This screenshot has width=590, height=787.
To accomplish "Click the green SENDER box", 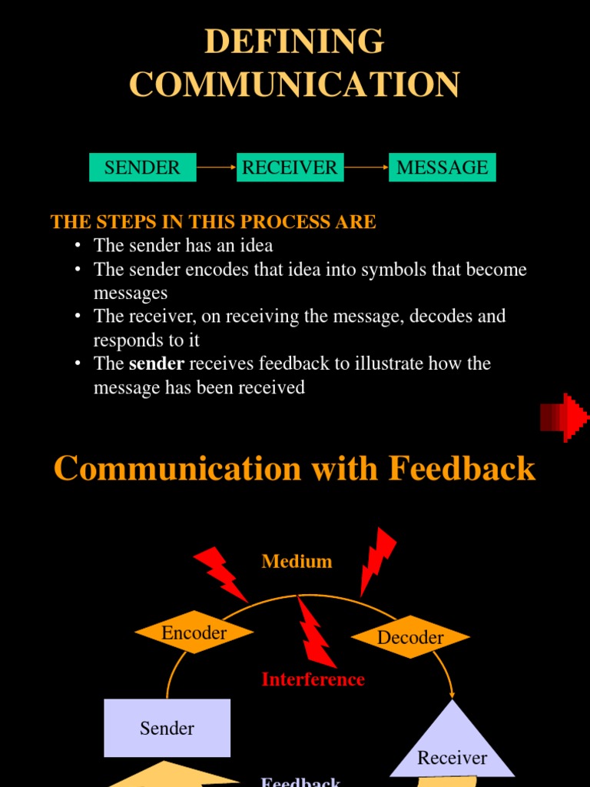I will click(x=142, y=168).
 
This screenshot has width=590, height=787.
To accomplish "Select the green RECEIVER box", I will click(x=290, y=168).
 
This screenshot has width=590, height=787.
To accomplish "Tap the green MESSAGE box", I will click(x=442, y=168).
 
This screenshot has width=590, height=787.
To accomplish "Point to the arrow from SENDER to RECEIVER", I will click(x=216, y=167).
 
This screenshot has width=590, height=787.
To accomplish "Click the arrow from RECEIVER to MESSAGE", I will click(x=366, y=167).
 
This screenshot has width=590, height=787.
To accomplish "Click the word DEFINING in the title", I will click(x=294, y=42).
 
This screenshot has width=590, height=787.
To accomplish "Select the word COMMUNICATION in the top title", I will click(x=294, y=85).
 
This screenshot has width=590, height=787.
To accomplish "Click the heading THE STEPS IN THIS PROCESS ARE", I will click(x=213, y=222).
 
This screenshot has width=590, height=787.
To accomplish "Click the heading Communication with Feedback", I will click(x=294, y=468).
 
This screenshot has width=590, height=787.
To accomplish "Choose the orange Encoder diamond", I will click(x=194, y=633).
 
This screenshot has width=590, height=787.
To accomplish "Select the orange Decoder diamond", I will click(x=410, y=637).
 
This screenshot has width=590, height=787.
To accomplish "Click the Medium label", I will click(x=297, y=562).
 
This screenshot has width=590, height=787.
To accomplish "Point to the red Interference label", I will click(x=313, y=679).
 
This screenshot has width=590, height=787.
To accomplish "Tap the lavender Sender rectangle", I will click(x=167, y=728).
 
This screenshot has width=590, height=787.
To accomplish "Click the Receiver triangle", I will click(x=452, y=749).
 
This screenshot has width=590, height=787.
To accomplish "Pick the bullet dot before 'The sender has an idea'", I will click(x=78, y=246).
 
